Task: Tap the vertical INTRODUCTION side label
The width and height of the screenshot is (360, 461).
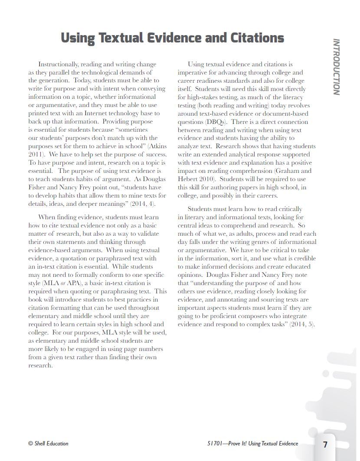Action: [336, 67]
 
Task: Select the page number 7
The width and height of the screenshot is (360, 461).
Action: [325, 445]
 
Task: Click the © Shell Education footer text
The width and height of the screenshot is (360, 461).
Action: [48, 444]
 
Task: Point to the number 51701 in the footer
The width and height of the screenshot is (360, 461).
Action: [215, 444]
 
